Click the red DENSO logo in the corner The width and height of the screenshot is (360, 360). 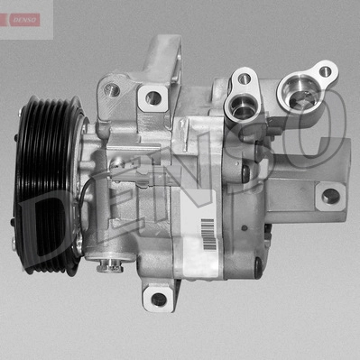pos(25,19)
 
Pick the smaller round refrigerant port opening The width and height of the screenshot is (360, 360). pos(242,108)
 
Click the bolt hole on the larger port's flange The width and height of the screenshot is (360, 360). pos(325,70)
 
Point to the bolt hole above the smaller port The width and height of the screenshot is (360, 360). pos(244,78)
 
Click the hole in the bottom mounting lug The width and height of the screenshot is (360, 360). pos(160,298)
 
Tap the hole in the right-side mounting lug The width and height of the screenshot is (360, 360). pos(331,195)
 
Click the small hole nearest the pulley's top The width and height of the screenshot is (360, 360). pos(114,89)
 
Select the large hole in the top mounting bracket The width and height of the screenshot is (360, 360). pos(153,97)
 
